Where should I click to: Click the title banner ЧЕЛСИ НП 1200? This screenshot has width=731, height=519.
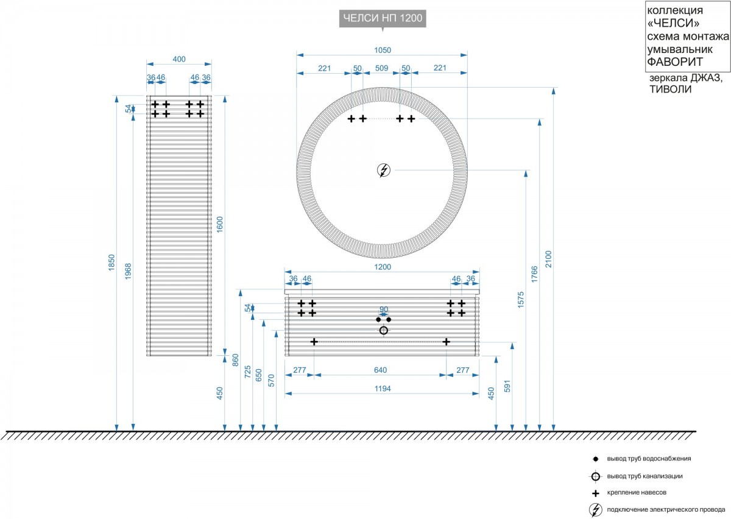tap(383, 18)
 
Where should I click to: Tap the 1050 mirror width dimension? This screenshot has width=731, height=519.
tap(383, 50)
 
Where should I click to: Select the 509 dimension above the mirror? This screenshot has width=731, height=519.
tap(381, 68)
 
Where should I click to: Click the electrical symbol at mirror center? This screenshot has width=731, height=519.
tap(384, 170)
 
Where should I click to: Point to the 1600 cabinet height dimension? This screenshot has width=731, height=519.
tap(220, 225)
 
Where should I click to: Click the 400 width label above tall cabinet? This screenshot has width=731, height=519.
tap(179, 59)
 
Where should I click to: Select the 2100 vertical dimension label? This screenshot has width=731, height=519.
tap(548, 259)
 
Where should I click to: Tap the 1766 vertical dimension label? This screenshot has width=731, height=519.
tap(534, 274)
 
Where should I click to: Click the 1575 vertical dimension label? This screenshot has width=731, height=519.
tap(520, 300)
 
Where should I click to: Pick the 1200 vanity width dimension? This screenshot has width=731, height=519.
tap(383, 267)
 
